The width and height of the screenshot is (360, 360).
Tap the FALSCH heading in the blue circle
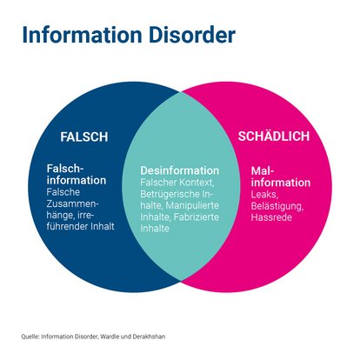coord(83,137)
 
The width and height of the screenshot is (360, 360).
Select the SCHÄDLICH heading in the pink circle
coord(275,137)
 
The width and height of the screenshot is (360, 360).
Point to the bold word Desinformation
coord(180,171)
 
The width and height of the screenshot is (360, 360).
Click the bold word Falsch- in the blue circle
coord(67,169)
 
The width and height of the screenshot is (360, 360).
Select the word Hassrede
coord(271,217)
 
